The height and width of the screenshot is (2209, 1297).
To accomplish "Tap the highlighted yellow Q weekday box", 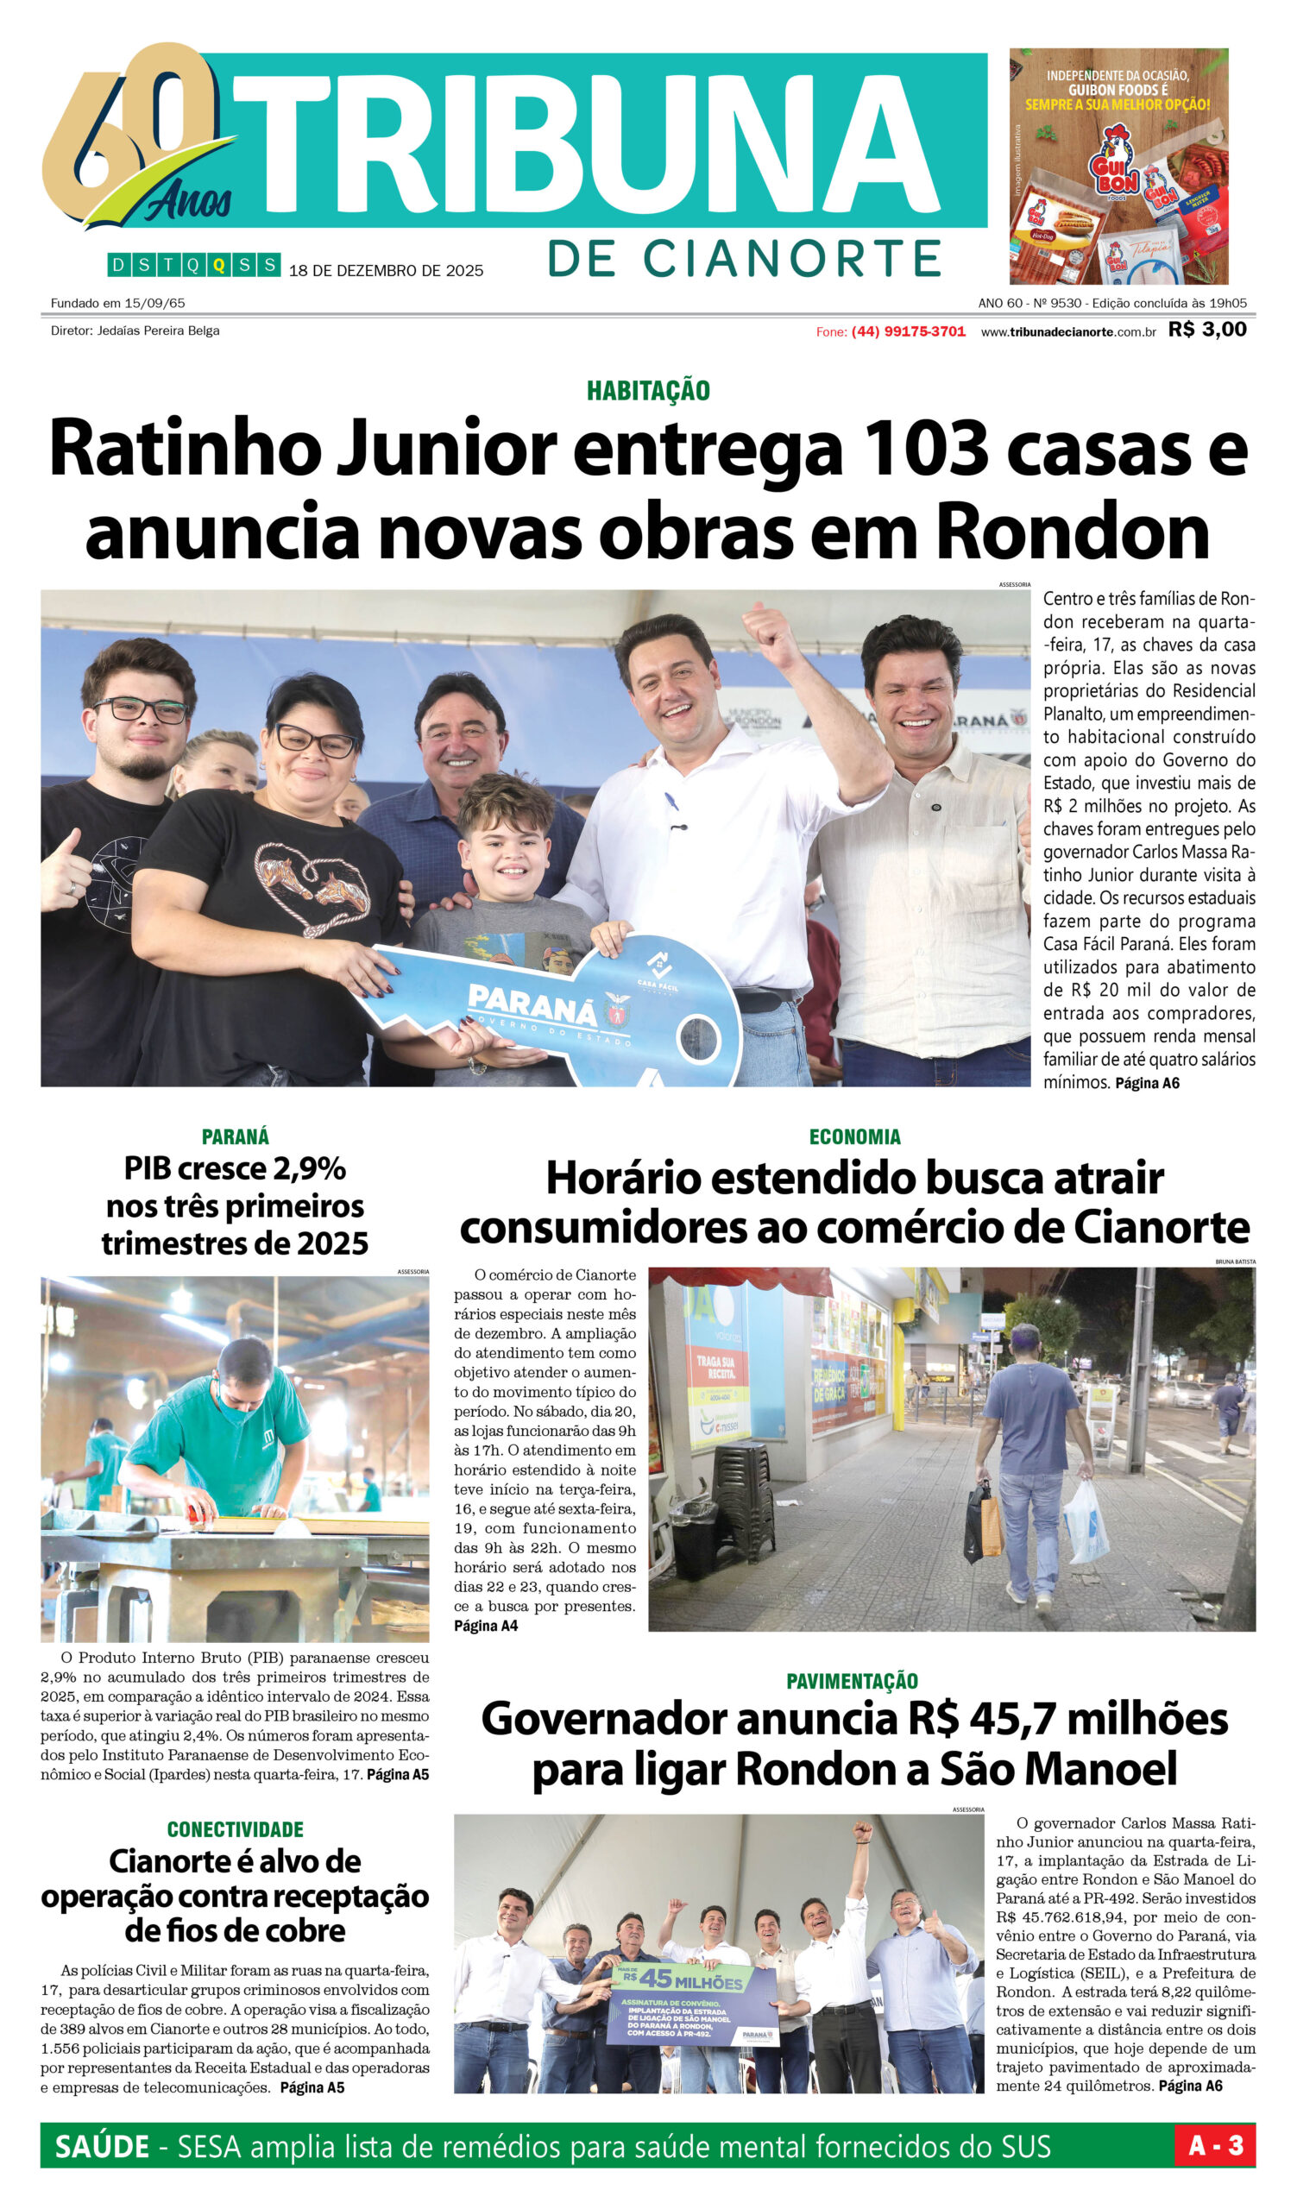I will (219, 265).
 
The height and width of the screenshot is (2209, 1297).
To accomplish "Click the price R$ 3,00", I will (1206, 330).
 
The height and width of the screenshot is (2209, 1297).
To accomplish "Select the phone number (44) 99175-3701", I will (908, 331).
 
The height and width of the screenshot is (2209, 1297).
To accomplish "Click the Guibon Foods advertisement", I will (1118, 166).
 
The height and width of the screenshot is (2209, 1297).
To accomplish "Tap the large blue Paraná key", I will (561, 1008).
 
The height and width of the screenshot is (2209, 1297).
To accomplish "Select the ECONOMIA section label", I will (854, 1137).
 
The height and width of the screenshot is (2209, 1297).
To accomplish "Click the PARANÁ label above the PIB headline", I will (235, 1137).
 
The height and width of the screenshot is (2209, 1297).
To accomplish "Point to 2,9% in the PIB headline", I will (308, 1169).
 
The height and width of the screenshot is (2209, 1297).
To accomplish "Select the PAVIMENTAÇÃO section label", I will (852, 1681).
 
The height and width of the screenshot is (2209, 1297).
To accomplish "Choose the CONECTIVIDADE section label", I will (235, 1829).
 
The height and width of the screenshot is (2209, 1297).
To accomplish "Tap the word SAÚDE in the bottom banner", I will (102, 2147).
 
